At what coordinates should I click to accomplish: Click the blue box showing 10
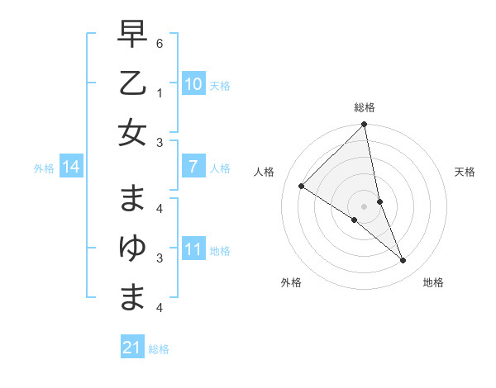pyautogui.click(x=193, y=83)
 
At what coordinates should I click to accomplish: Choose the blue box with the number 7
pyautogui.click(x=193, y=168)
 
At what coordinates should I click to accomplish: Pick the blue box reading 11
pyautogui.click(x=193, y=249)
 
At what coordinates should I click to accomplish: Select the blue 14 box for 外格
pyautogui.click(x=70, y=168)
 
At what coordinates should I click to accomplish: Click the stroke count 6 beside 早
pyautogui.click(x=160, y=41)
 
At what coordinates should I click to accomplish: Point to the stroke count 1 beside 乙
pyautogui.click(x=160, y=93)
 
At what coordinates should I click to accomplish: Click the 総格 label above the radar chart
pyautogui.click(x=365, y=107)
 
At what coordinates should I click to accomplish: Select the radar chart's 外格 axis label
pyautogui.click(x=291, y=282)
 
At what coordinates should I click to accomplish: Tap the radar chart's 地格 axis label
pyautogui.click(x=433, y=282)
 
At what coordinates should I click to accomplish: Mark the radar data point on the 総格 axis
pyautogui.click(x=365, y=125)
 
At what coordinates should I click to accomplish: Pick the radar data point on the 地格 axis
pyautogui.click(x=403, y=261)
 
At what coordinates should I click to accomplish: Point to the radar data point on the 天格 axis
pyautogui.click(x=380, y=201)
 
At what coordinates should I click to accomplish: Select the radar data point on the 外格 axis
pyautogui.click(x=355, y=220)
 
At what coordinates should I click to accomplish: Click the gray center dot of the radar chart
pyautogui.click(x=365, y=206)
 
